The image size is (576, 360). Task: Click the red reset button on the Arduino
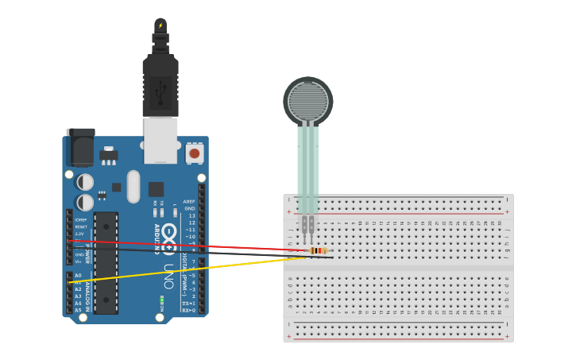coord(194,153)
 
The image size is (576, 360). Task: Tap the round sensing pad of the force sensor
coord(307,100)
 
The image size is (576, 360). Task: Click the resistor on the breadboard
coord(319,251)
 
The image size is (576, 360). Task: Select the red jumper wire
coord(199,246)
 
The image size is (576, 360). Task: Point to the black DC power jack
coord(80,146)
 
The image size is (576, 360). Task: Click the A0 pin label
coord(78,275)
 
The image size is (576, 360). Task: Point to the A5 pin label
coord(78,310)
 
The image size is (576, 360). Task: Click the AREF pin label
coord(189,202)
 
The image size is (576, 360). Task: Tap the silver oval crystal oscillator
coord(133,186)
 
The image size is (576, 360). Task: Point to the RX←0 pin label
coord(188,310)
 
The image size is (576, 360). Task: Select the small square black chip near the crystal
coord(156,189)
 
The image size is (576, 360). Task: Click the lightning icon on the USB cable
coord(160,25)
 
